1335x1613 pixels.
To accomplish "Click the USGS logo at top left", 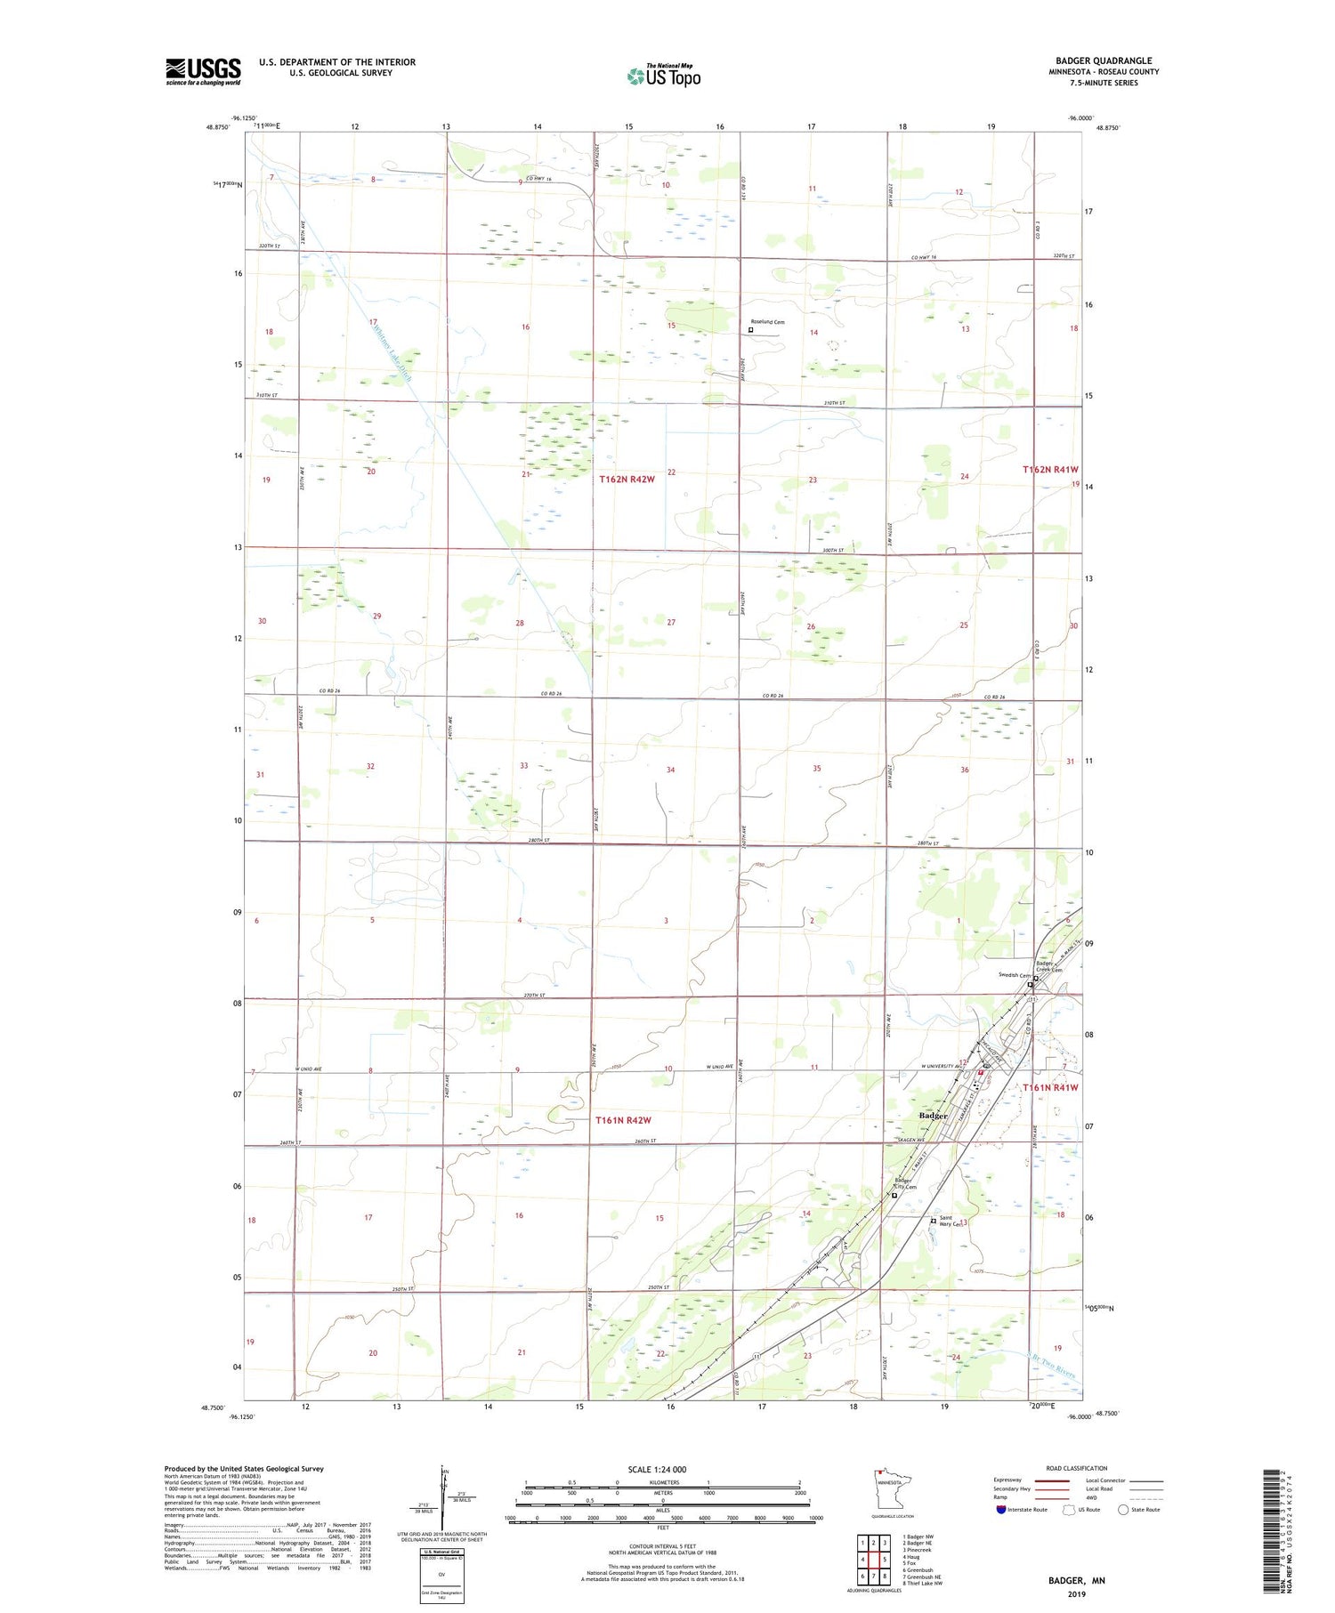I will [203, 71].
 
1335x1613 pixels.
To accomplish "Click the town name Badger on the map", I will [934, 1115].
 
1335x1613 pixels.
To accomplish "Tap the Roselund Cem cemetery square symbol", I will [750, 330].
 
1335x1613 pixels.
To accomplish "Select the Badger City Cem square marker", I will [894, 1196].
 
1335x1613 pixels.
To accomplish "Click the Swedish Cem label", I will [1013, 976].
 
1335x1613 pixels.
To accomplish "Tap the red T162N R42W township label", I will [627, 480].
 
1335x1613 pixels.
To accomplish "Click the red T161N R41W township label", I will [1050, 1087].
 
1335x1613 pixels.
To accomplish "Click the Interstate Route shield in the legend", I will [1001, 1509].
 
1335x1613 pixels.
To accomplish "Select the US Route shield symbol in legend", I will [1069, 1509].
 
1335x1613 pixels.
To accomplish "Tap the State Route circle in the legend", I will [1123, 1509].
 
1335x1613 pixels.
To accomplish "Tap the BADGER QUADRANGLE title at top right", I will [1104, 60].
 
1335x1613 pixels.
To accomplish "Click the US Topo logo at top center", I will [663, 76].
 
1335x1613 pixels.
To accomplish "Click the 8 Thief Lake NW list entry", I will [922, 1583].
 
